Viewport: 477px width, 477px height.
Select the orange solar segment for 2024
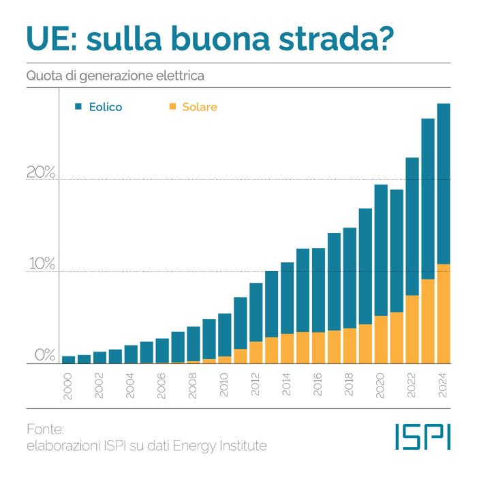coord(444,313)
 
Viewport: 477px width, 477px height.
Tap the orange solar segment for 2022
coord(412,329)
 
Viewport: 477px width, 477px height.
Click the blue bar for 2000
coord(68,360)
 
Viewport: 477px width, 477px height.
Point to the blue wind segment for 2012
coord(256,312)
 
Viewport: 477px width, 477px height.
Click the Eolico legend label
coord(106,107)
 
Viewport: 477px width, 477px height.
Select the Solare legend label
coord(200,107)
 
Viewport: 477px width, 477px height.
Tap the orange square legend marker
coord(172,106)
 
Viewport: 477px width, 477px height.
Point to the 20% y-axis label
coord(40,172)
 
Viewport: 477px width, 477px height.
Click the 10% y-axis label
coord(40,264)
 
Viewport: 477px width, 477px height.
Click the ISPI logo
coord(422,437)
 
